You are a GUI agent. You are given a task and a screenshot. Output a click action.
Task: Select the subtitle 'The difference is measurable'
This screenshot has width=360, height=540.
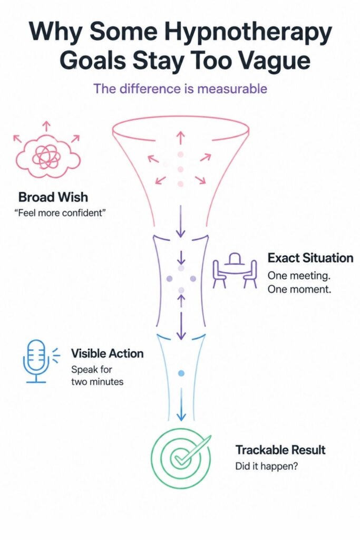(x=180, y=89)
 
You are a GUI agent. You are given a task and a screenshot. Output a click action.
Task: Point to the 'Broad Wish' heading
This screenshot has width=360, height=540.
(x=53, y=197)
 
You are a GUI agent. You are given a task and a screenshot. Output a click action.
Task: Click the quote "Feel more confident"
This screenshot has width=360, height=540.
(x=60, y=213)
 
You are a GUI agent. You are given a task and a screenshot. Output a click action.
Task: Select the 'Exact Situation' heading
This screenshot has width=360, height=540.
(x=310, y=257)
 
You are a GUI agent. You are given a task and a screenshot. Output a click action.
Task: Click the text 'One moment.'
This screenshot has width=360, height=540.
(x=299, y=289)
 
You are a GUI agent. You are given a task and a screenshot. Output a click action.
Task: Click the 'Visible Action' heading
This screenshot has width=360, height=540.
(x=107, y=353)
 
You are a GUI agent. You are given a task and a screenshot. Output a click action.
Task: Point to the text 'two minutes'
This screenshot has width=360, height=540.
(x=97, y=382)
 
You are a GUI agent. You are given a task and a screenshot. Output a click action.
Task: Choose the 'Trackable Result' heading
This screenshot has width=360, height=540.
(x=280, y=450)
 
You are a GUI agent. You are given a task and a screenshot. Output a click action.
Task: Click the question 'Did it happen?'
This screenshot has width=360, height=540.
(x=266, y=466)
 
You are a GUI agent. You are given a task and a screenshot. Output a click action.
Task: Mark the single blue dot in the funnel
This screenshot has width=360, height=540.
(x=181, y=373)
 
